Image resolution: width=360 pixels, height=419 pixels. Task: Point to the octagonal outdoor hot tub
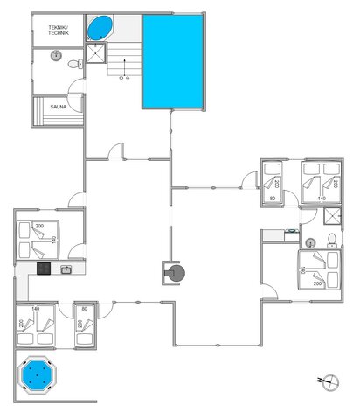tap(37, 377)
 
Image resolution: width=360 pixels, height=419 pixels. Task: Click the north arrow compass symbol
tap(329, 383)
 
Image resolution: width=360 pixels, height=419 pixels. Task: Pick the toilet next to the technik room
tap(76, 61)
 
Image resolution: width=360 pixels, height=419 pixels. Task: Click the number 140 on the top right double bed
tap(322, 199)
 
